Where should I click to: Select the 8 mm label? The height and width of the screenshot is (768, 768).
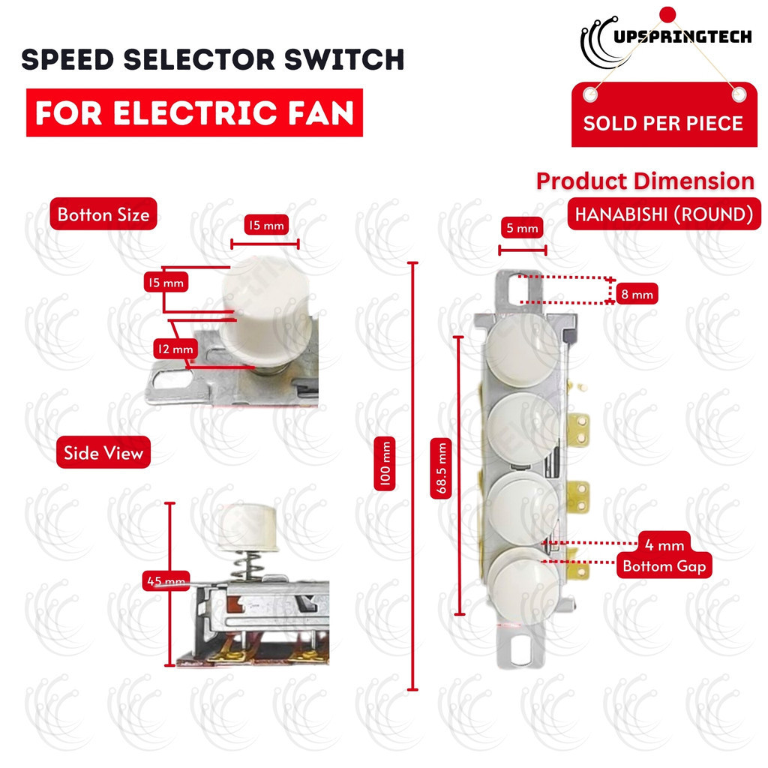(x=637, y=295)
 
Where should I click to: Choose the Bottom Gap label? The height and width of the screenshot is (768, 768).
(x=664, y=565)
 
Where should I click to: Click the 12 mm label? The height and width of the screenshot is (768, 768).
(x=173, y=349)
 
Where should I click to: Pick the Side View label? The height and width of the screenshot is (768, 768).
(x=103, y=453)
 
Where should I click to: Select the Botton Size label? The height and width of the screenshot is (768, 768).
(x=103, y=214)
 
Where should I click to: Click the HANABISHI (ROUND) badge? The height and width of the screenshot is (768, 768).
(x=663, y=214)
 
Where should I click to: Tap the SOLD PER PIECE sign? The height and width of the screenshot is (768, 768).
(x=663, y=123)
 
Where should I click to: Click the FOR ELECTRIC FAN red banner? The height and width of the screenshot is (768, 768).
(x=194, y=112)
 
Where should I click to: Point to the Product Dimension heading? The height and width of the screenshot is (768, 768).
(x=645, y=181)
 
